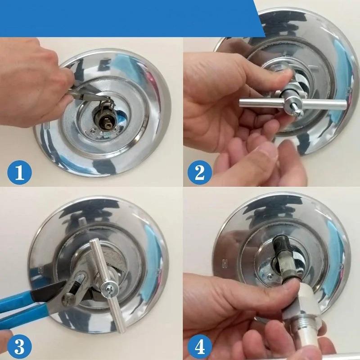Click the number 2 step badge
point(197,173)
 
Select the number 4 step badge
point(197,347)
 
